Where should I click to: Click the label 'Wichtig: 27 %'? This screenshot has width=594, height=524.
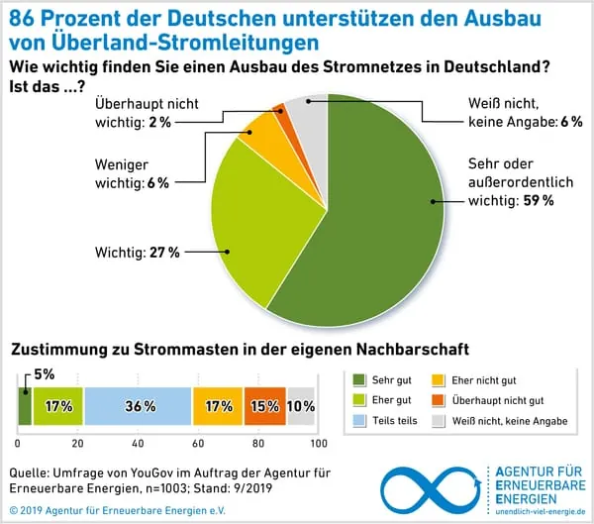coord(138,253)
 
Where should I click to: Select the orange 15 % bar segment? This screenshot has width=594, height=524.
coord(265,406)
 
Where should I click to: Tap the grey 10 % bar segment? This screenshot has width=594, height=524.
coord(300,406)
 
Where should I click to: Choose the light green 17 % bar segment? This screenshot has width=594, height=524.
coord(57,406)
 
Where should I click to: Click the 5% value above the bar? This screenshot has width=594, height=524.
coord(44,374)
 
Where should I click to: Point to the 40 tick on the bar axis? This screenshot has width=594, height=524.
coord(138,442)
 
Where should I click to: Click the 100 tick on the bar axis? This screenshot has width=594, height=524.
coord(316,442)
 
